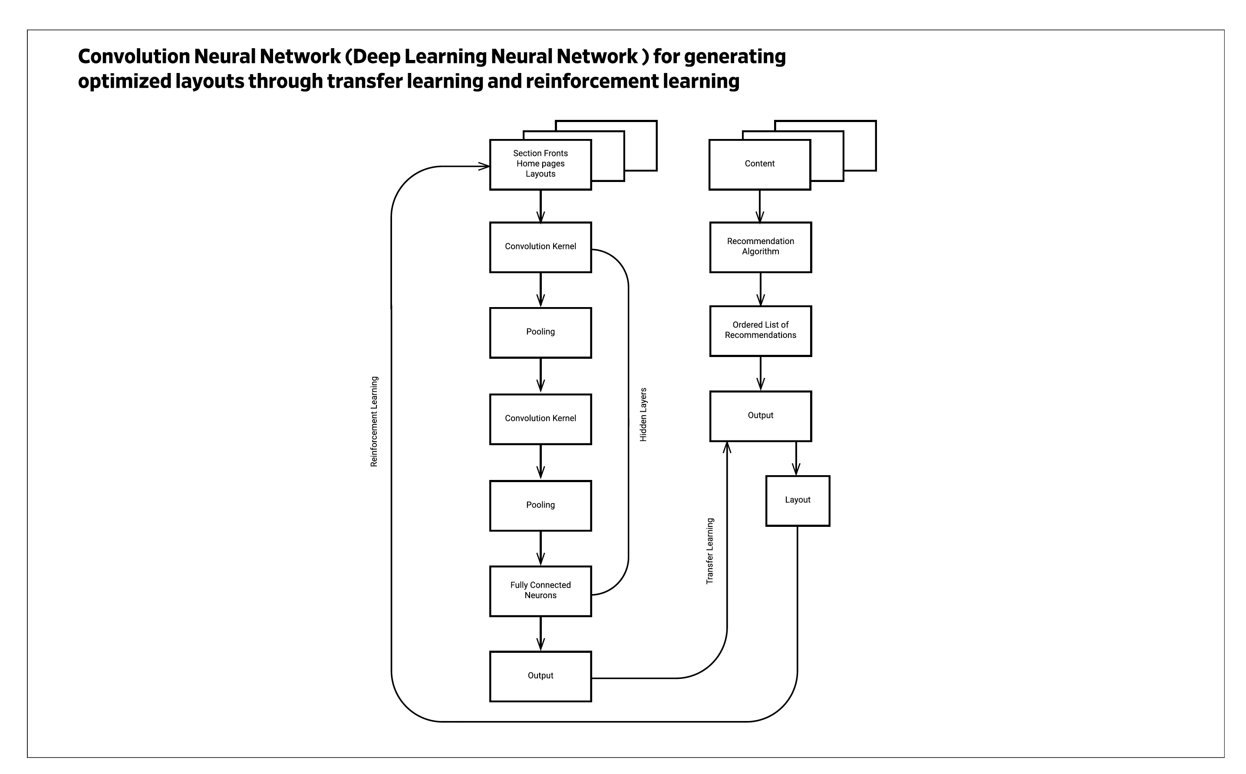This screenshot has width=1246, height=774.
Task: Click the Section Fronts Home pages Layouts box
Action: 541,164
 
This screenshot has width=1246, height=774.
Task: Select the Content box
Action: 759,164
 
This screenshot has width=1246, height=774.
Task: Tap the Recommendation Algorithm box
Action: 760,247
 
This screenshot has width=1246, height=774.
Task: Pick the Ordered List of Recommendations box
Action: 760,331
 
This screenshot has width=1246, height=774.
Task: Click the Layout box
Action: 797,500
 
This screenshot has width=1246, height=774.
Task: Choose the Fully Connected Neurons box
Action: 541,591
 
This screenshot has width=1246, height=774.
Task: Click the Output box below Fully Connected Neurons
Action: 541,676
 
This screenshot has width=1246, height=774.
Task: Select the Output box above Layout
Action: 760,416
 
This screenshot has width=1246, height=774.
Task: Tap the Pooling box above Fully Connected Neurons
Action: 541,505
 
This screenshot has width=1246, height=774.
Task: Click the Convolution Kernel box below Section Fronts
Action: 541,247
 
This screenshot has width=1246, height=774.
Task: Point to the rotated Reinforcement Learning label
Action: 374,421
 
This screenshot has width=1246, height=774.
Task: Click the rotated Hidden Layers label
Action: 643,415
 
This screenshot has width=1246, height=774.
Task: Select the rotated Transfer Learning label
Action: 710,551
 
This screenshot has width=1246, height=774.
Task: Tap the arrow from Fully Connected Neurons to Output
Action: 541,633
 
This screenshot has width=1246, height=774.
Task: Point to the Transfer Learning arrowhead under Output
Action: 727,447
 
